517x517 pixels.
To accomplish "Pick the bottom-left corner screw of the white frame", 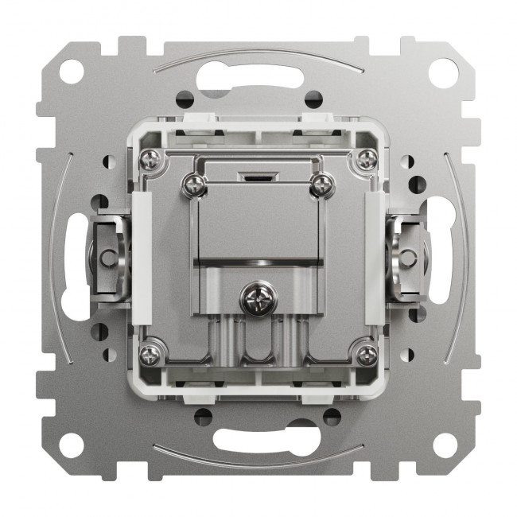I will [x=150, y=353].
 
